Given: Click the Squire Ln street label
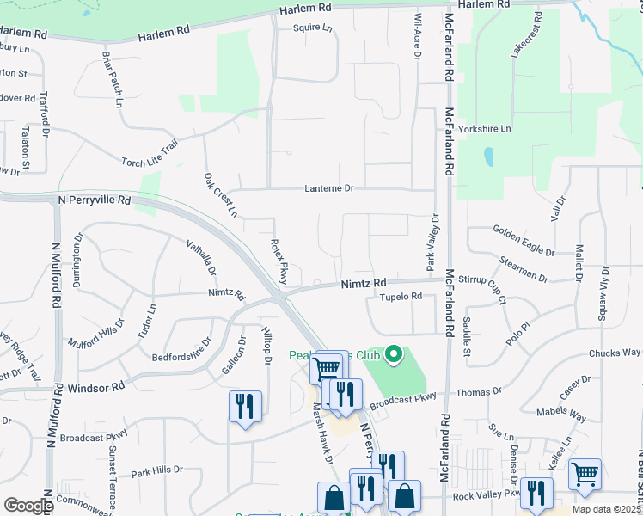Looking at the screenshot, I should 312,28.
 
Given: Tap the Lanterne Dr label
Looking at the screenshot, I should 329,187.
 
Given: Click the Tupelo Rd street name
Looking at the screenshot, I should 401,297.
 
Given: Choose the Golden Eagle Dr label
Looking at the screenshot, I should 524,240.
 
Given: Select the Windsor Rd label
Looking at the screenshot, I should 95,387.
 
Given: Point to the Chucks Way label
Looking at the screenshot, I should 615,353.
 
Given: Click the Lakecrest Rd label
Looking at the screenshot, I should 526,35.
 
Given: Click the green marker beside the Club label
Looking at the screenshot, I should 394,353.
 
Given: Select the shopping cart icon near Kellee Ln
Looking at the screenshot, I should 585,472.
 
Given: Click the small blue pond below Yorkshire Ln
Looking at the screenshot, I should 488,157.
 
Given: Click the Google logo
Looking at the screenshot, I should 28,506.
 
